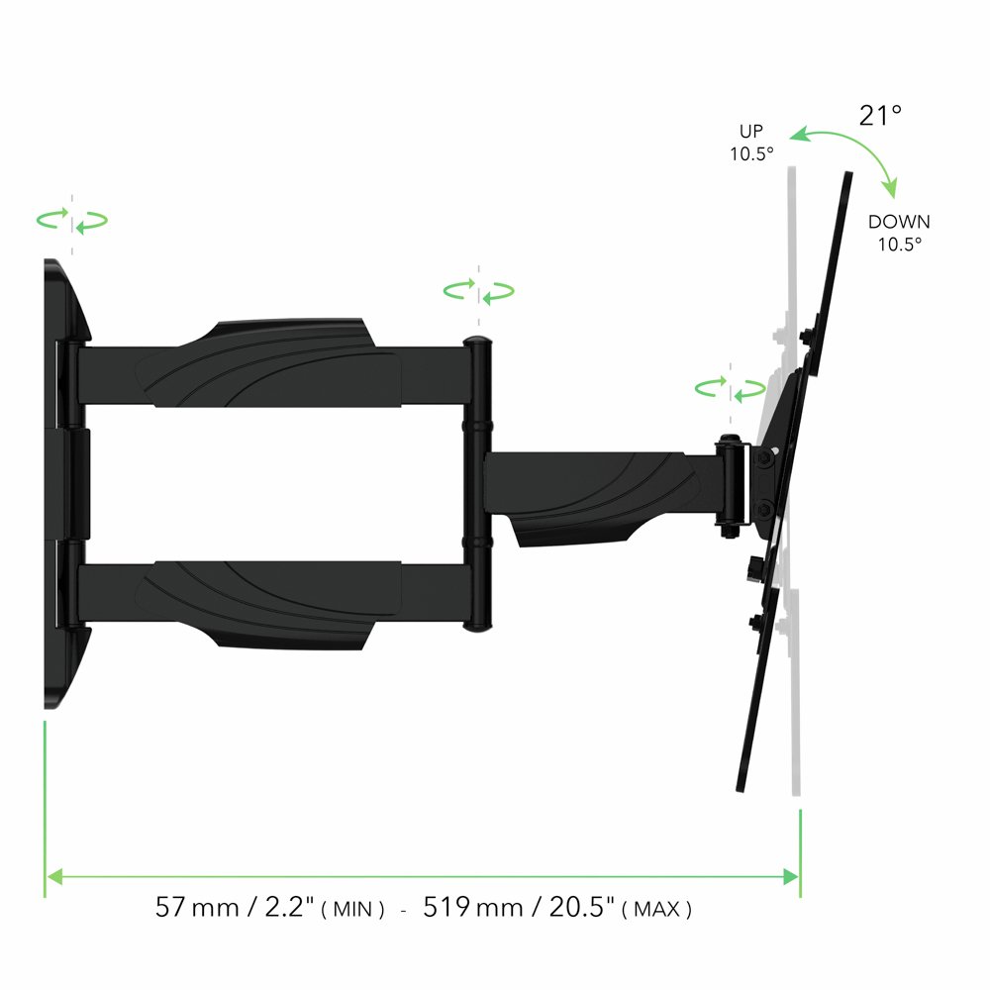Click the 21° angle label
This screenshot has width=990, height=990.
[880, 116]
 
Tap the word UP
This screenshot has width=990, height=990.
[751, 132]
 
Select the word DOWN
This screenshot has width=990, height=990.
[899, 223]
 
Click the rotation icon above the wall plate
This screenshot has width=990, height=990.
[71, 221]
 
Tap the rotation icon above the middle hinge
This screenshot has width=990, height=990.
[478, 291]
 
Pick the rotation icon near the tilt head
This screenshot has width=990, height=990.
[730, 387]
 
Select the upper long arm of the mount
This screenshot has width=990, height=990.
[267, 363]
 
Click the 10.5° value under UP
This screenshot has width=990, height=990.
[751, 153]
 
